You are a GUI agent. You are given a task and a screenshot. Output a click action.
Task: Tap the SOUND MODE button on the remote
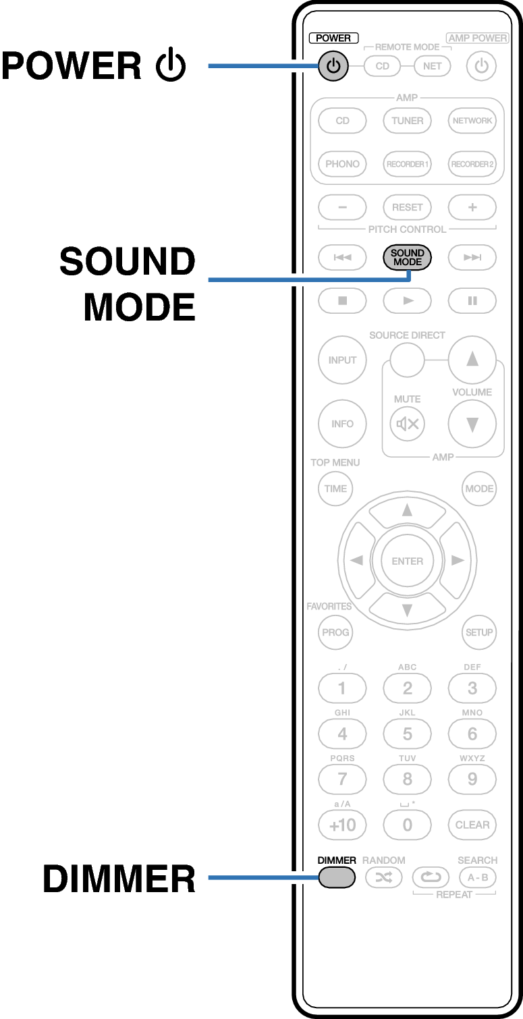click(x=407, y=257)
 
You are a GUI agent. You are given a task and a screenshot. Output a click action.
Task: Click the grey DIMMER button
click(x=336, y=877)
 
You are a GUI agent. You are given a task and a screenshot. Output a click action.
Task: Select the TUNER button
click(x=407, y=121)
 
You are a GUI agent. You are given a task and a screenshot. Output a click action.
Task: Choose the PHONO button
click(x=342, y=164)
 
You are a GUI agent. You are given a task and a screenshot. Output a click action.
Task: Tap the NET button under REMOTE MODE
click(x=432, y=66)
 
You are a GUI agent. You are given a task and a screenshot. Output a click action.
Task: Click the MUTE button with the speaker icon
click(x=407, y=424)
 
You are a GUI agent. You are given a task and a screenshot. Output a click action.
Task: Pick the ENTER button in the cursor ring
click(x=407, y=561)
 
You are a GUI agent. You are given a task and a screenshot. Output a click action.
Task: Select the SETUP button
click(x=479, y=632)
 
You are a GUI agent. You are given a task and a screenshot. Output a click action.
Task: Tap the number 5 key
click(x=407, y=734)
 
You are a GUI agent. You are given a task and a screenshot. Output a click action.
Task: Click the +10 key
click(x=342, y=825)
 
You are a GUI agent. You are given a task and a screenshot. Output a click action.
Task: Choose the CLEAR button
click(x=472, y=825)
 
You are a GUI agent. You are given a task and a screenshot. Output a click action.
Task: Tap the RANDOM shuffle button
click(x=383, y=877)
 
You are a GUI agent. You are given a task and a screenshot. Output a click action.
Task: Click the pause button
click(x=472, y=300)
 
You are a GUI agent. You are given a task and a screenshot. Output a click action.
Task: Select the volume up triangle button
click(x=472, y=359)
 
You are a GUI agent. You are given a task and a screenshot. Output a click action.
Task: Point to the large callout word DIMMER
click(x=119, y=879)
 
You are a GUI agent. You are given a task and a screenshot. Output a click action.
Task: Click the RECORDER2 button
click(x=472, y=164)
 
